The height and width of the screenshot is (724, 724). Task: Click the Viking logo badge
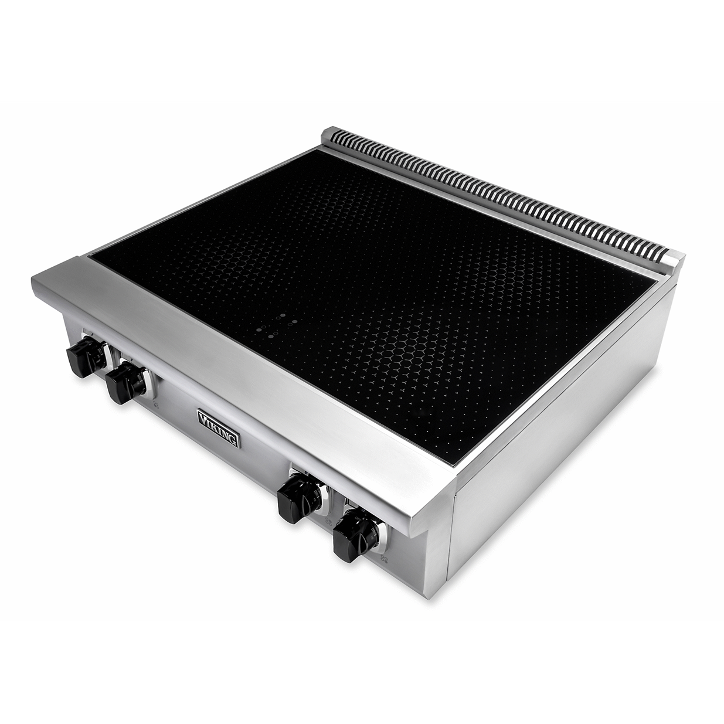pos(219,429)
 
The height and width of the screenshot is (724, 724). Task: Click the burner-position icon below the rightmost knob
pos(385,569)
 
